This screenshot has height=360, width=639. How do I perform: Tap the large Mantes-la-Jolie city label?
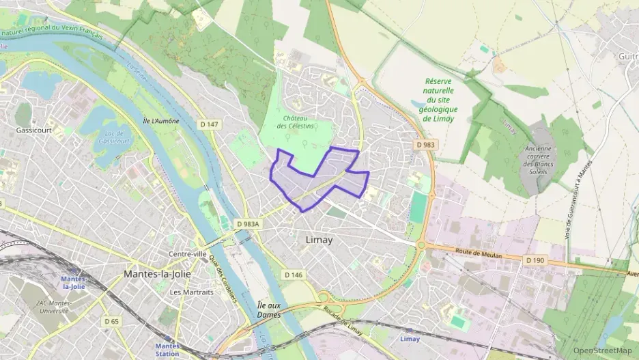[x=158, y=274]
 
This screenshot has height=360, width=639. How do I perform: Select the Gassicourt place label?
[x=34, y=129]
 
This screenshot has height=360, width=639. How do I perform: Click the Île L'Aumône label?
[x=160, y=121]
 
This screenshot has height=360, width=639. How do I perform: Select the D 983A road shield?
[x=249, y=223]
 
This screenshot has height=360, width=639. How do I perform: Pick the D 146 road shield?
[x=292, y=274]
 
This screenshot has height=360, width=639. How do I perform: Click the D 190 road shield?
[x=535, y=260]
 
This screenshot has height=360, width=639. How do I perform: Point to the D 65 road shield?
[x=111, y=321]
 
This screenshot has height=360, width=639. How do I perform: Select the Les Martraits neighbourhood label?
[x=191, y=292]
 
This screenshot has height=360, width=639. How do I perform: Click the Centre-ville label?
[x=187, y=254]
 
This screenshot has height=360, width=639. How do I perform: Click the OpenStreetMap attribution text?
[x=602, y=350]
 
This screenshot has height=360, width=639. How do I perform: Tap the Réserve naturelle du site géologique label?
[x=440, y=100]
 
